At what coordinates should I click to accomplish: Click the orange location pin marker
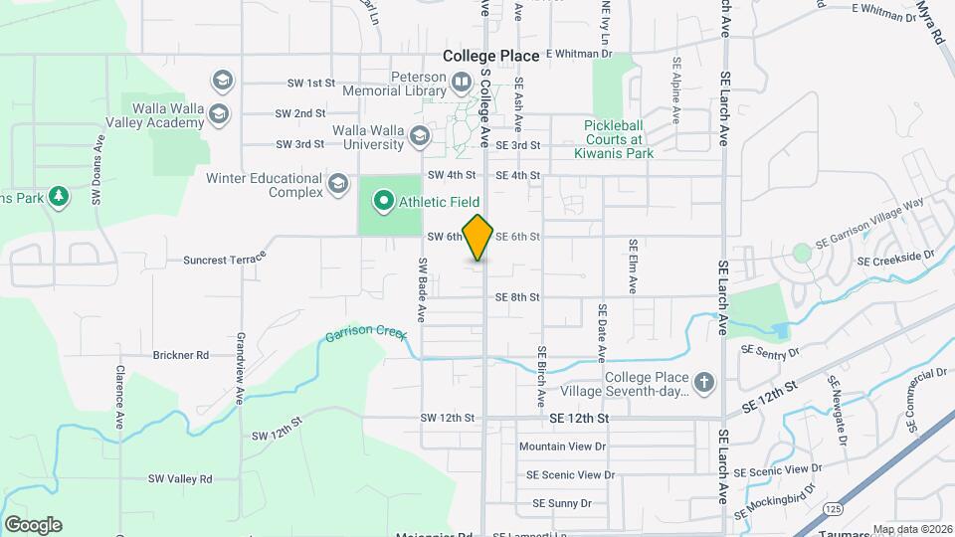[x=477, y=237]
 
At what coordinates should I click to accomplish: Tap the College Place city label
[x=491, y=57]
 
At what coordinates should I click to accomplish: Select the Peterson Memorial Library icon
[x=461, y=81]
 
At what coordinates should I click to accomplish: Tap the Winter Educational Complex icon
[x=338, y=184]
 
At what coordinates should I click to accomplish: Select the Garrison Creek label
[x=366, y=336]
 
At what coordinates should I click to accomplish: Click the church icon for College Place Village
[x=704, y=383]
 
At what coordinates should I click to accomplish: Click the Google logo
[x=33, y=525]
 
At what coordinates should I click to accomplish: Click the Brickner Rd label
[x=180, y=354]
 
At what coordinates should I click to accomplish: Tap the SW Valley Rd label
[x=180, y=478]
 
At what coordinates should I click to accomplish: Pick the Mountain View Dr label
[x=562, y=447]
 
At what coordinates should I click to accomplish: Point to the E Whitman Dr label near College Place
[x=579, y=54]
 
